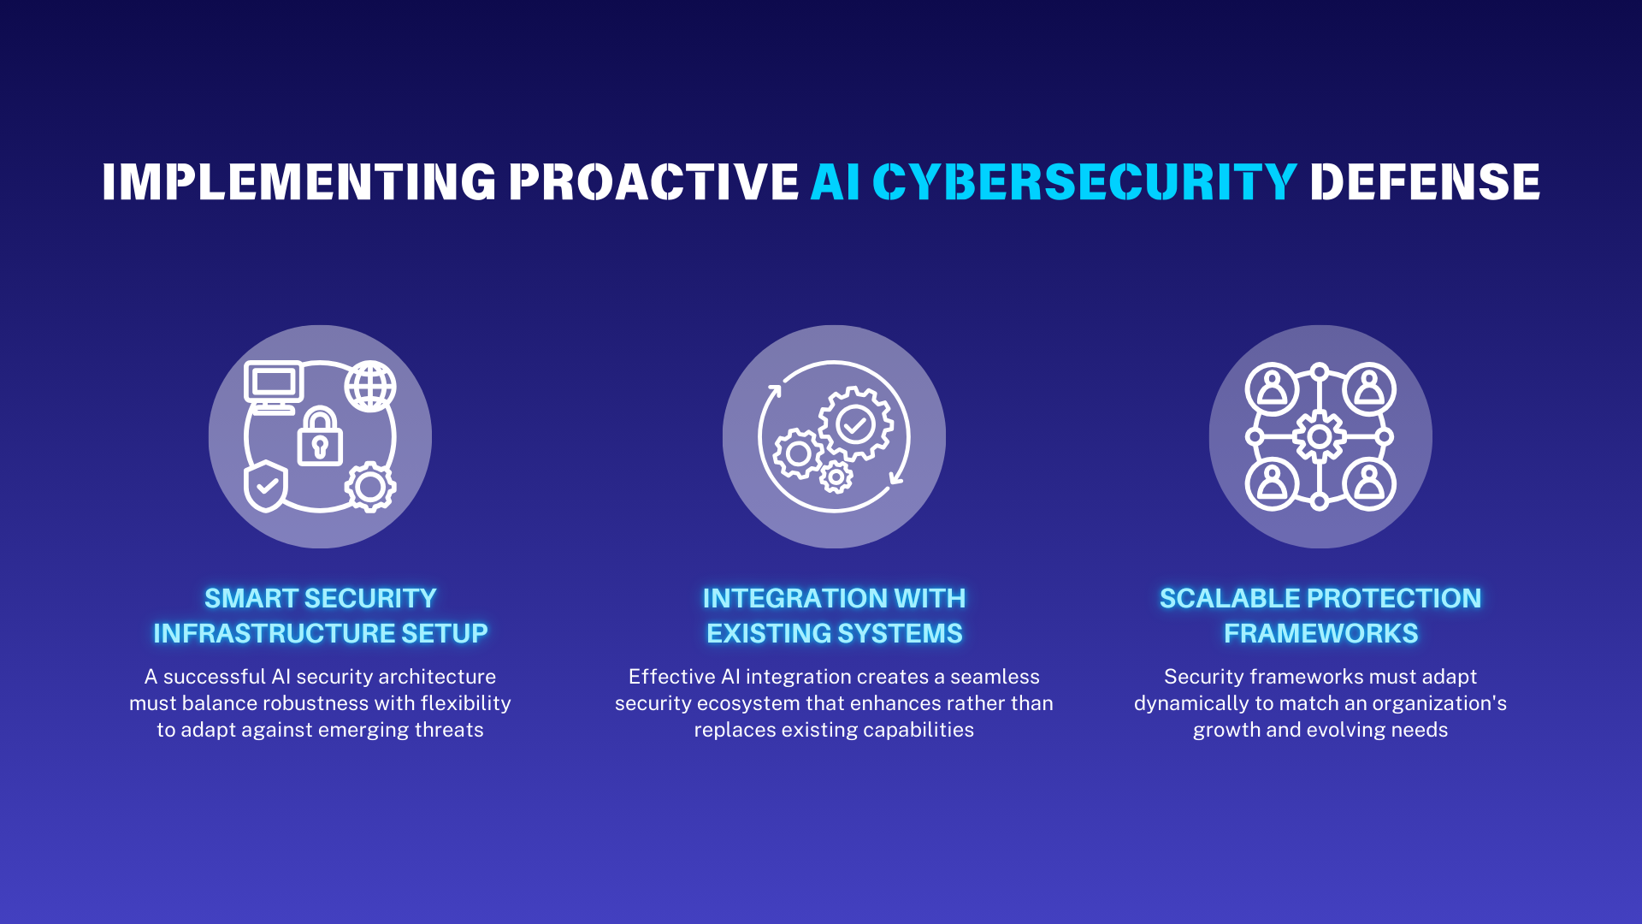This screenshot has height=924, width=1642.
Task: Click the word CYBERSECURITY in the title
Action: (1084, 182)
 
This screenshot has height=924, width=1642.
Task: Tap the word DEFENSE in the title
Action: (1425, 182)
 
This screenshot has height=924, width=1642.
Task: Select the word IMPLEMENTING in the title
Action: (299, 182)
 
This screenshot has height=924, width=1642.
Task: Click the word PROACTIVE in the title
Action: (654, 182)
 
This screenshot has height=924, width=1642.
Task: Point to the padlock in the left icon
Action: (320, 438)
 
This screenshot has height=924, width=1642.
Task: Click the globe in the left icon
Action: (370, 386)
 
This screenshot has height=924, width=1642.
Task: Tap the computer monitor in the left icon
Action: (274, 384)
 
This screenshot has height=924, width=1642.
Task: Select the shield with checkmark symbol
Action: (266, 486)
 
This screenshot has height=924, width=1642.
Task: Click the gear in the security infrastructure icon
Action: (370, 487)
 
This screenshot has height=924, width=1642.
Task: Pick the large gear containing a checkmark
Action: (855, 423)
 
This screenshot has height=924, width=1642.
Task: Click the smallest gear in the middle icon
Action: (836, 477)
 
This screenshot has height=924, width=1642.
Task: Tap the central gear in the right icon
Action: (1320, 437)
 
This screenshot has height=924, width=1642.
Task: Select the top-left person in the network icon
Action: (1272, 388)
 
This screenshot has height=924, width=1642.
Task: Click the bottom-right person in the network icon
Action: (1369, 484)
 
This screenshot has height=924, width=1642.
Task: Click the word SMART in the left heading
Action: (251, 598)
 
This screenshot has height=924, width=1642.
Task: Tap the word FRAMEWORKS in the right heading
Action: (1320, 633)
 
